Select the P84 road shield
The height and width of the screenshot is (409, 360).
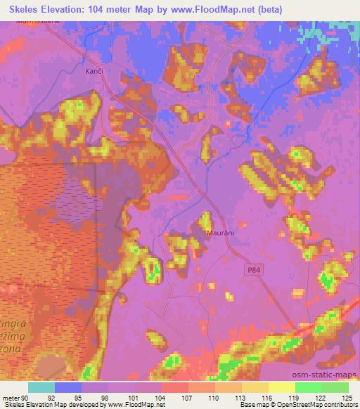tap(254, 269)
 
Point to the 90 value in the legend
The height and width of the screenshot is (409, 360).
tap(26, 397)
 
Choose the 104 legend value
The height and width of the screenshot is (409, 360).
tap(161, 397)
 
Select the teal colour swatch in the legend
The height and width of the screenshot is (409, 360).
tap(41, 387)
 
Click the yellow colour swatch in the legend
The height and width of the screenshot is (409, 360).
tap(281, 387)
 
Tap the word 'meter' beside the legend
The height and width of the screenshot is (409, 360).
tap(11, 397)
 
